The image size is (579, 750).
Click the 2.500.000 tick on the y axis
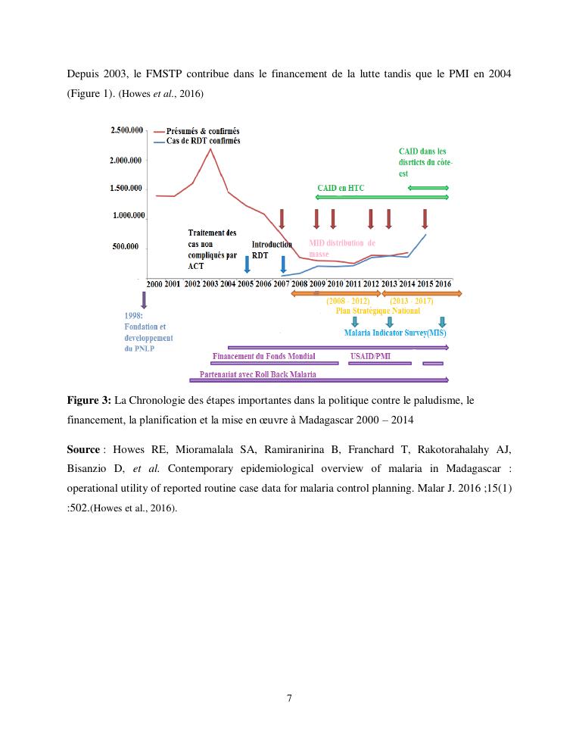127,130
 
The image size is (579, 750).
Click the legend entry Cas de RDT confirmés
198,140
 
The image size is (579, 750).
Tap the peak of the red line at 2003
210,148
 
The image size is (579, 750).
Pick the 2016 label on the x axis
444,283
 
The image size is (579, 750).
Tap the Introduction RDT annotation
272,250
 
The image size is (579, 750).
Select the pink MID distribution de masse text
342,248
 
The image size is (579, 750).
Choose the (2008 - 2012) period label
347,302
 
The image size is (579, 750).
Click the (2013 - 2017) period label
411,302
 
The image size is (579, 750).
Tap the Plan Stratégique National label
378,311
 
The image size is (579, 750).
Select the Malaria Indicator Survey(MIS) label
395,333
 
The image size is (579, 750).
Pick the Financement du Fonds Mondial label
264,355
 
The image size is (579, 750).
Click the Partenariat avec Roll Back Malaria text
257,374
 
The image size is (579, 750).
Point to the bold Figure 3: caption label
89,399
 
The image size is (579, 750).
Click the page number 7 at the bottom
290,698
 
